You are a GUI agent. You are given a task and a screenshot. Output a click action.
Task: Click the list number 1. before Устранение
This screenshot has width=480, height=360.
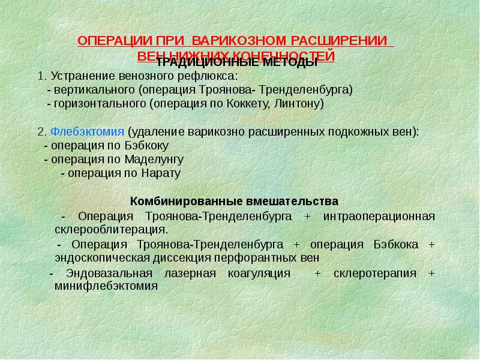point(41,76)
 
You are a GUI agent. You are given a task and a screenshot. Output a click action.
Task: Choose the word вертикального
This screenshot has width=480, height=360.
point(94,89)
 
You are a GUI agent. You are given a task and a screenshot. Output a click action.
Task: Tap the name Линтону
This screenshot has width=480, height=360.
point(298,103)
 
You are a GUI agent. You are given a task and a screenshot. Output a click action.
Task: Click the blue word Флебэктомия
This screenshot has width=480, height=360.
point(88,131)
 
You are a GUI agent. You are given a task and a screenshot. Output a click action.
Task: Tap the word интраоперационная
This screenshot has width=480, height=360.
point(379,215)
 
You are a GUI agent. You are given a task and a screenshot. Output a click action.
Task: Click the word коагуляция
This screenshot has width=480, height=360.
point(259,273)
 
